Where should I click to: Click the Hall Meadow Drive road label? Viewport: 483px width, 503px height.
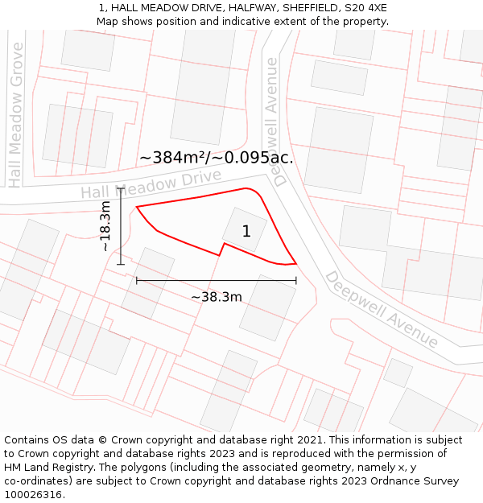[151, 185]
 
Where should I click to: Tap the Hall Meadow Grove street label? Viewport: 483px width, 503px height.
[16, 115]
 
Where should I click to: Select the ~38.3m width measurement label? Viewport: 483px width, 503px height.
[217, 297]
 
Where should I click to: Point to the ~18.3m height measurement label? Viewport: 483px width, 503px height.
[105, 226]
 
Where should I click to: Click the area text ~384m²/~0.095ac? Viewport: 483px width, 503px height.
[217, 158]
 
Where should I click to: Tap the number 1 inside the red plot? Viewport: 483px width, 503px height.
[246, 232]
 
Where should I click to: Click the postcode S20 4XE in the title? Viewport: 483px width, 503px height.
[365, 7]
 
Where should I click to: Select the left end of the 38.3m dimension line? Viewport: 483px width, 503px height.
[137, 280]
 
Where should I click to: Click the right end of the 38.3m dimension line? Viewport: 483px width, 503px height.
[296, 280]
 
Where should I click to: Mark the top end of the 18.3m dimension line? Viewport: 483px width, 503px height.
[121, 188]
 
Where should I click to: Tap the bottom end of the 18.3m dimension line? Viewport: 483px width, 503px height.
[121, 264]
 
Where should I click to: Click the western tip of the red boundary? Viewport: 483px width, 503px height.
[137, 207]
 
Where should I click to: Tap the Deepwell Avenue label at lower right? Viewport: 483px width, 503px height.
[381, 309]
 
